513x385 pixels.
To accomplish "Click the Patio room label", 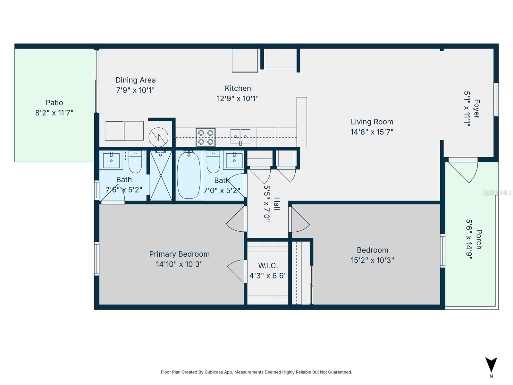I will pos(54,103).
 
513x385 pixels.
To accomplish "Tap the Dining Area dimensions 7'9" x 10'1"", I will pos(135,90).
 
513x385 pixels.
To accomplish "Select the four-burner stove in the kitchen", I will pos(206,137).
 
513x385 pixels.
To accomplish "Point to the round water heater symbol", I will pos(158,137).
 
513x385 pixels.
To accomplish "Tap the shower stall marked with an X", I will pos(161,175).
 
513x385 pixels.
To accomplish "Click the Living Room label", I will pos(372,122).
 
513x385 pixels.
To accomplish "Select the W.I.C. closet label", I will pos(268,266).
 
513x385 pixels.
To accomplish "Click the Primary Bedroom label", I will pos(179,254).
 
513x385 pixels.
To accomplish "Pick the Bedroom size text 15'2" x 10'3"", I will pos(372,260).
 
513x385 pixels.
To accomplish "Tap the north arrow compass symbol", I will pos(491,365).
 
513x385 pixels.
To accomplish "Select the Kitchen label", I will pos(238,88).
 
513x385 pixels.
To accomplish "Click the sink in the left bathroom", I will pos(111,160).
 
